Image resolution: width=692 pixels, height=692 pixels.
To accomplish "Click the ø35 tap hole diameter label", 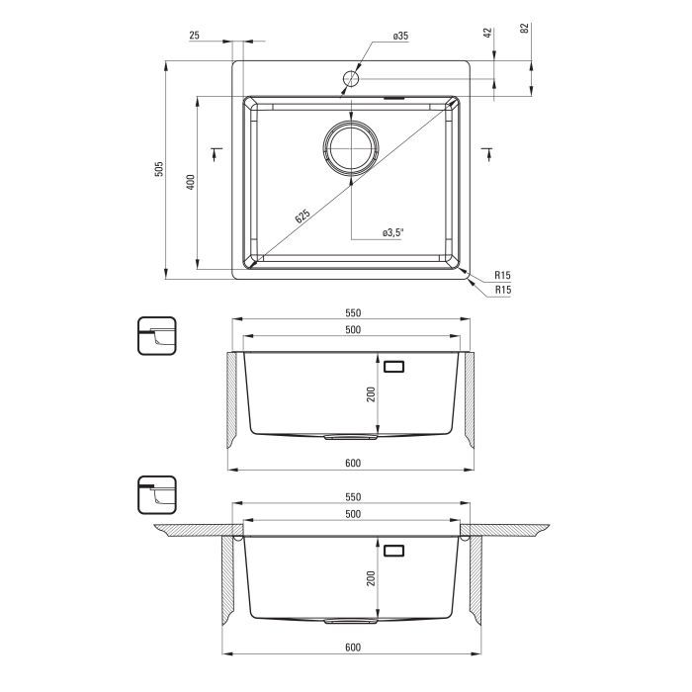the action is pos(400,36).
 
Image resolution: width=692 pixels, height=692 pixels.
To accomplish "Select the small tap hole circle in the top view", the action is pos(351,79).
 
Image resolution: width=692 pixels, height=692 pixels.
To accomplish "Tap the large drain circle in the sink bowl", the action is pos(351,148).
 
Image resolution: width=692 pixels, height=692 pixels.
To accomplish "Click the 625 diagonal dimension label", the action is pos(303,216).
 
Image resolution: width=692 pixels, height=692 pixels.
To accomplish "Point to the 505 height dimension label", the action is pos(159,169).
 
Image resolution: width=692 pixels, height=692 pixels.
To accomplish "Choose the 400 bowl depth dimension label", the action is pos(190,182).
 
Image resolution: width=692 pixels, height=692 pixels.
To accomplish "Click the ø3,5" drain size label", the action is pos(393,232).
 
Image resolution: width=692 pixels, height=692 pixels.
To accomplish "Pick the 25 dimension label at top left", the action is pos(194,36).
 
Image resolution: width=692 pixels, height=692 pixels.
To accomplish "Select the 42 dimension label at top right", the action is pos(487,33).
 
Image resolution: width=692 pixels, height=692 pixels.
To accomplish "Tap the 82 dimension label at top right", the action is pos(525,29).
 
